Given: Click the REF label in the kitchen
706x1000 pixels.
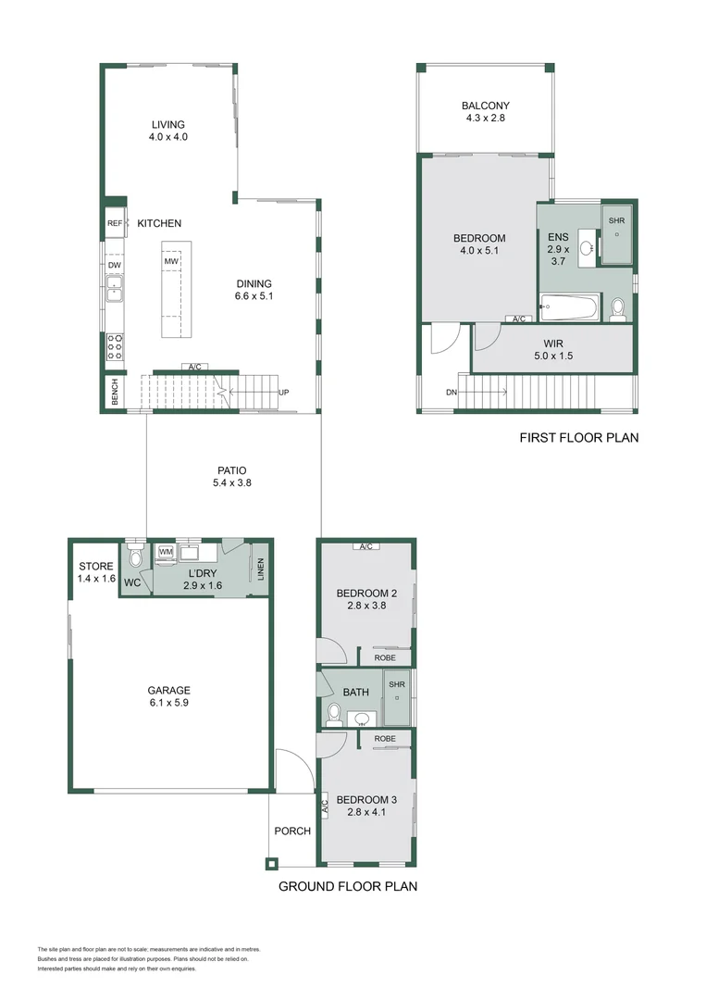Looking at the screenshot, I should [x=115, y=223].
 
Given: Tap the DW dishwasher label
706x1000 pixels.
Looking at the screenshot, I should [x=115, y=266].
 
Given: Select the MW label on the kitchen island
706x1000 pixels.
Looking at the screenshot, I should [x=171, y=262].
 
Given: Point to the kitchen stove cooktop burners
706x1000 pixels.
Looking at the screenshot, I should [x=116, y=347].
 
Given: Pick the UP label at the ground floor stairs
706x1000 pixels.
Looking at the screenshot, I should [x=284, y=393].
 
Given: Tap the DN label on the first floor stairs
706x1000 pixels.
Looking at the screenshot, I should [x=451, y=393].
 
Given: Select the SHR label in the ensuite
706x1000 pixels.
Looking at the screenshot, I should [x=616, y=220].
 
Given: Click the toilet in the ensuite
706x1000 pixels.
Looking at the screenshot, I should [x=617, y=308].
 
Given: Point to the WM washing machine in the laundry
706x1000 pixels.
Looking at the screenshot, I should [x=167, y=553].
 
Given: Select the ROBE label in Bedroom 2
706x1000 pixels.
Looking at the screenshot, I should [x=385, y=657].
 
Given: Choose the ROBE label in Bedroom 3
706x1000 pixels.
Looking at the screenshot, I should [x=385, y=738].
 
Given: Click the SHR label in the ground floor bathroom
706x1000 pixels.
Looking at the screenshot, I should [x=397, y=684].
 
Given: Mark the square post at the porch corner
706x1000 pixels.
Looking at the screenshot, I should [x=271, y=864].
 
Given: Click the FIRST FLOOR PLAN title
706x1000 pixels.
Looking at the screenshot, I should [x=578, y=438].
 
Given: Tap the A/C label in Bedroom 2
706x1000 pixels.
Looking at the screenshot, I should [x=365, y=546].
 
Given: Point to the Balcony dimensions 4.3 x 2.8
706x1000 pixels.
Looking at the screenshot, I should [x=486, y=119].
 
